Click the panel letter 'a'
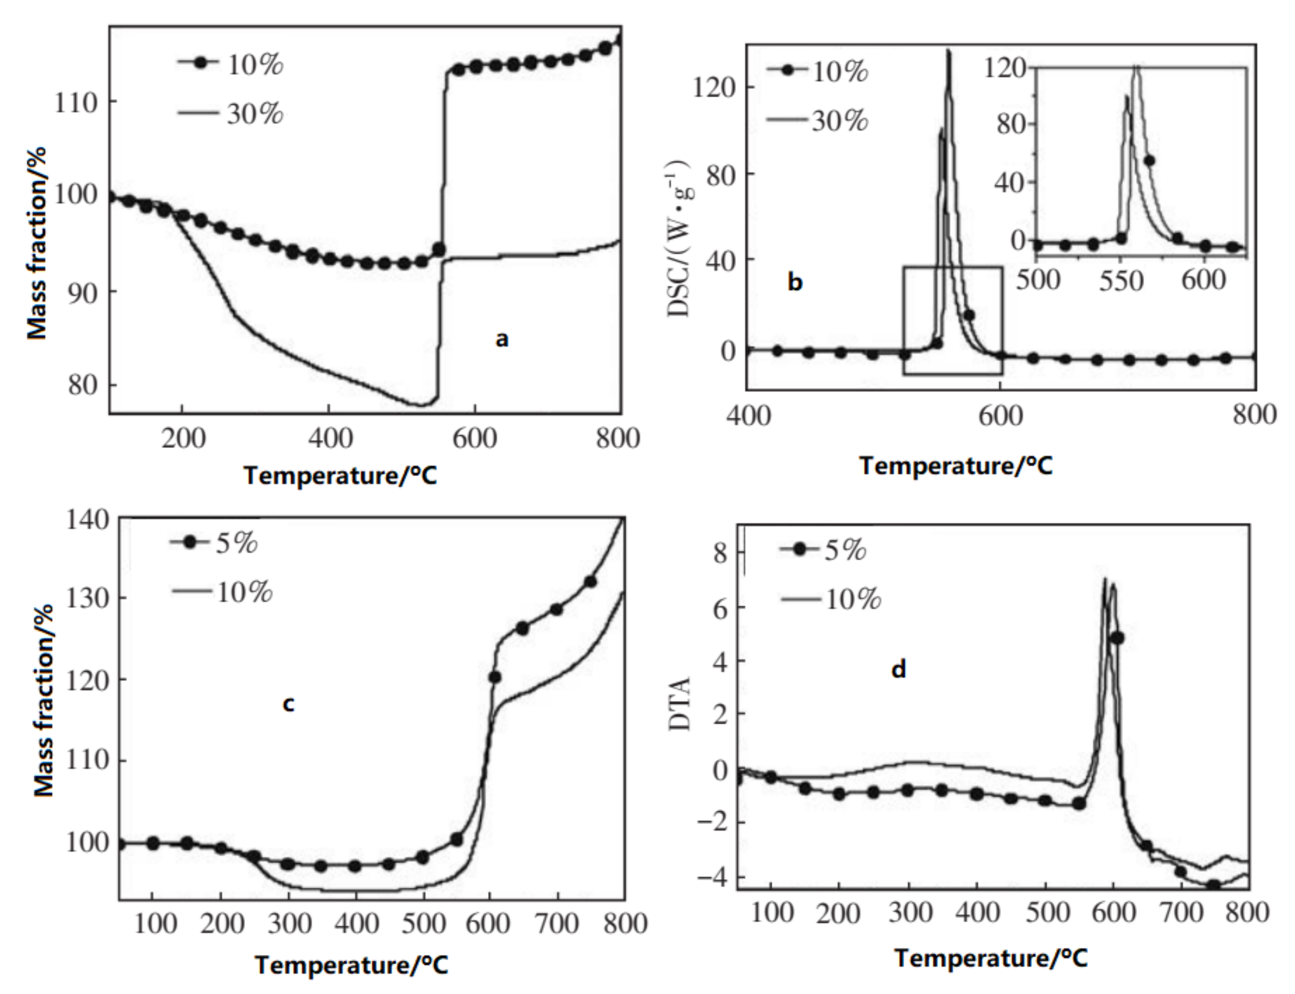click(501, 340)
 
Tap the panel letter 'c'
click(288, 705)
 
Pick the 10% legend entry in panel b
click(839, 72)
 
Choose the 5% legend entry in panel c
click(236, 543)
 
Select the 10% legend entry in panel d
click(852, 600)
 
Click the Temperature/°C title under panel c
click(351, 965)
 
